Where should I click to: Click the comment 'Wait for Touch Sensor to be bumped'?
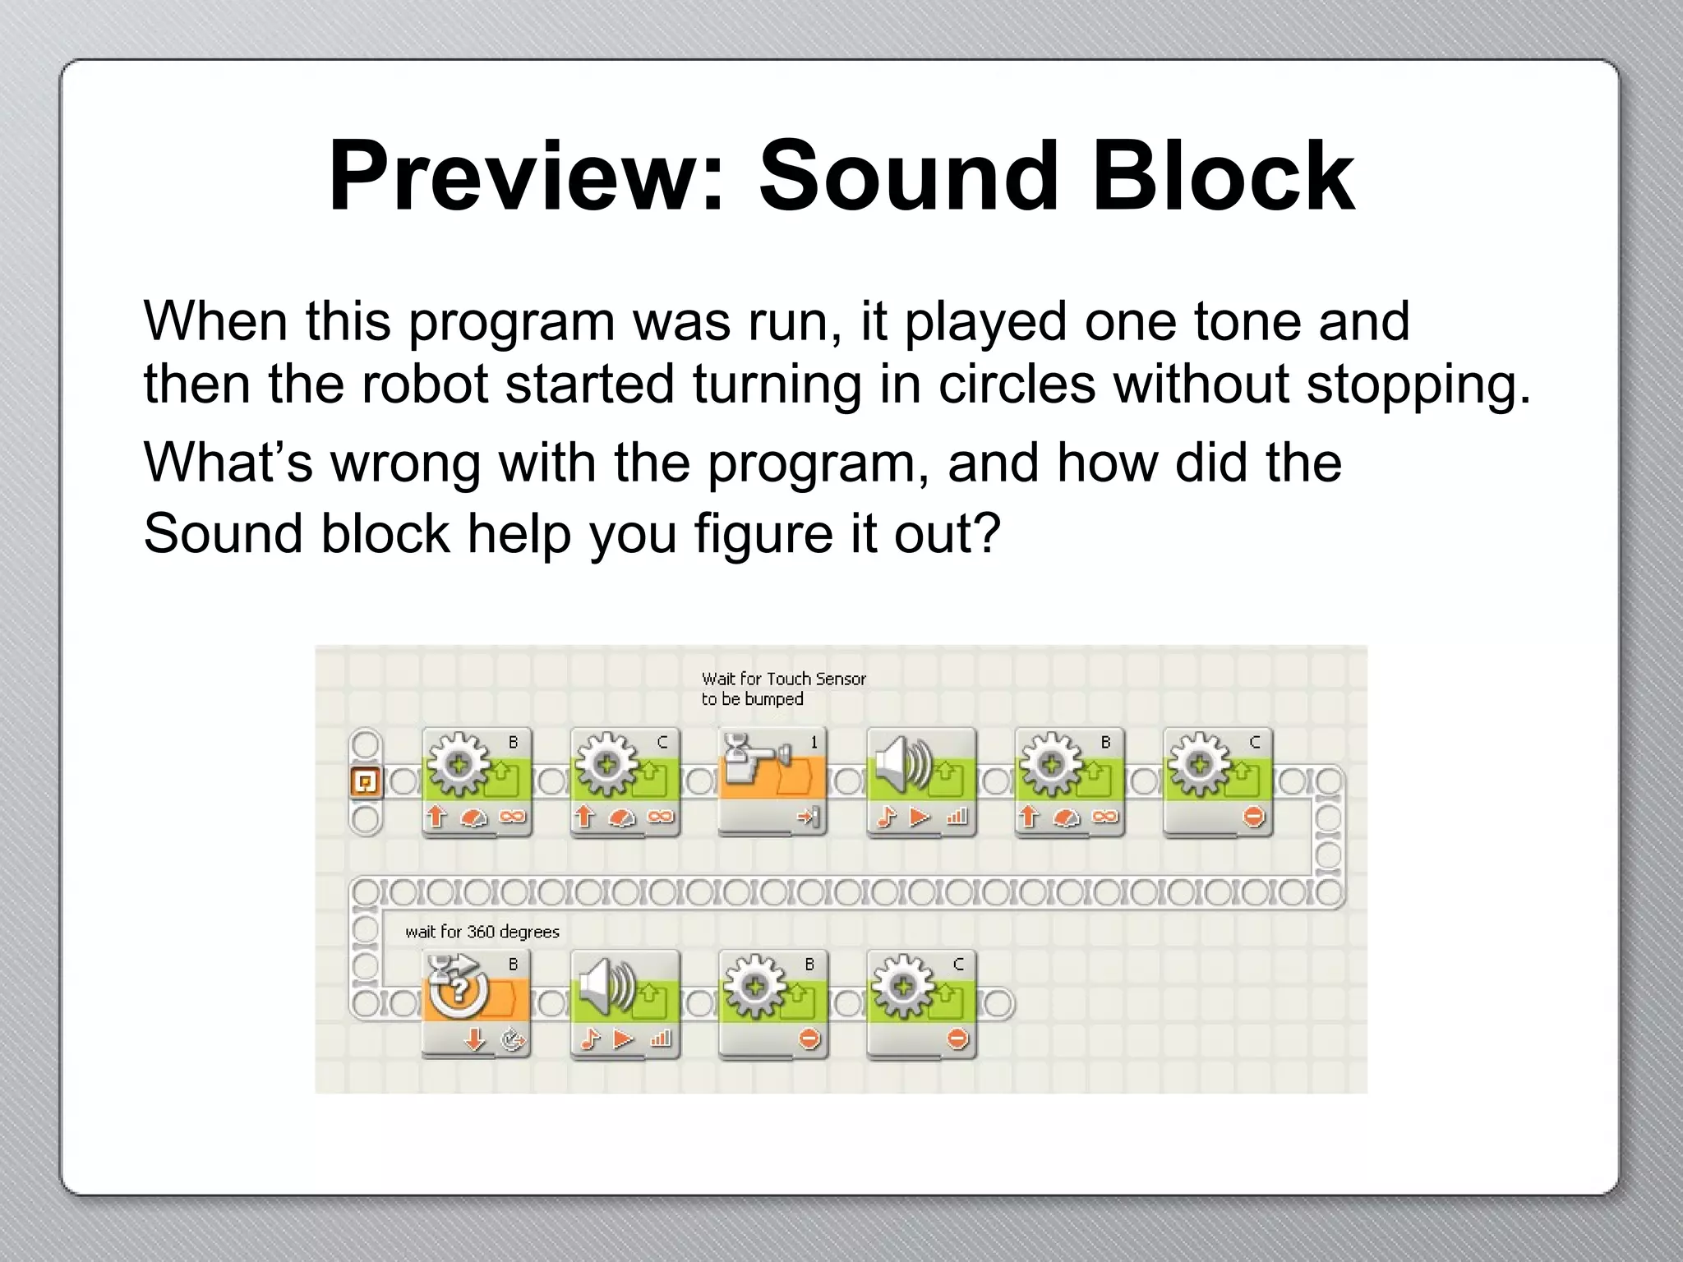tap(782, 689)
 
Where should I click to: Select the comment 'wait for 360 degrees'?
tap(482, 932)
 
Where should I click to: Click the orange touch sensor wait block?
tap(772, 781)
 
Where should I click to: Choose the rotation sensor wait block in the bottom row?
tap(476, 1002)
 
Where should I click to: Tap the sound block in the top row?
tap(920, 781)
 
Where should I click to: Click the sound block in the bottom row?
tap(625, 1002)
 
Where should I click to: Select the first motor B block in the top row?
tap(477, 781)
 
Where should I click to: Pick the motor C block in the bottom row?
tap(921, 1002)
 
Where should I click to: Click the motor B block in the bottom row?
tap(772, 1002)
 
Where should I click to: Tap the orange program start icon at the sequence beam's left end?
tap(366, 781)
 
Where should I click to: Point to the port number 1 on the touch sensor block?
tap(814, 743)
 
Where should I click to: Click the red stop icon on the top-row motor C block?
tap(1253, 818)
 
